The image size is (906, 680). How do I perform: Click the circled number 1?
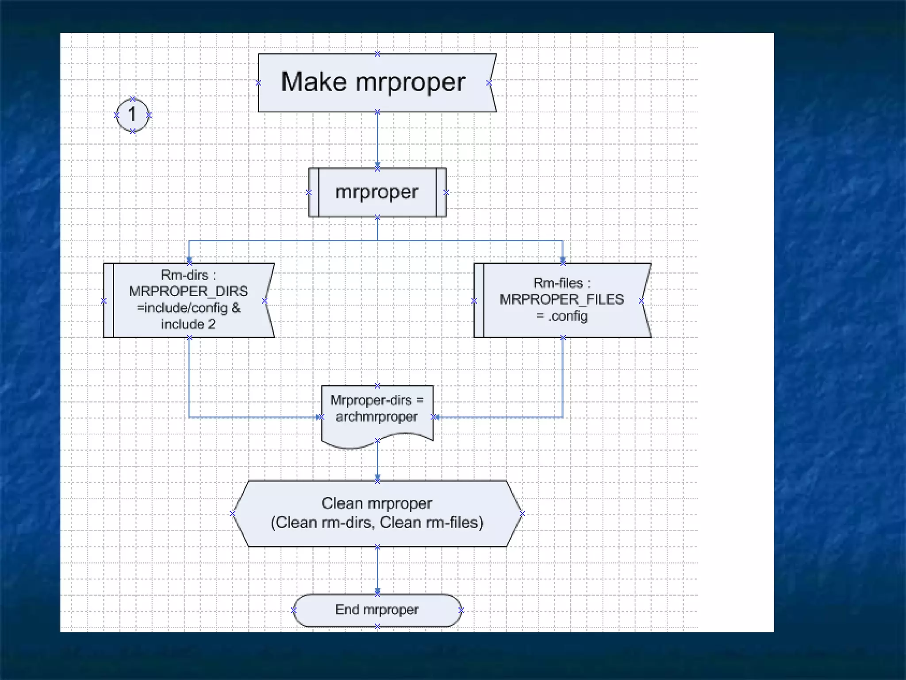coord(132,115)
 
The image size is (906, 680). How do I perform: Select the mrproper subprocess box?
coord(377,192)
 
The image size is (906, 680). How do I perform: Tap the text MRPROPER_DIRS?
coord(188,291)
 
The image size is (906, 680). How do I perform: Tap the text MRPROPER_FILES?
coord(561,299)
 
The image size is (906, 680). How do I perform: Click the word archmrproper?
coord(376,417)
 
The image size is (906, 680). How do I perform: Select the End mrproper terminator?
coord(377,610)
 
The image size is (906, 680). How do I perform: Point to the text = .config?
coord(562,316)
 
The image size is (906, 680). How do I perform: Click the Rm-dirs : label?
coord(188,275)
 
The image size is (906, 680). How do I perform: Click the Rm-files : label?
coord(561,283)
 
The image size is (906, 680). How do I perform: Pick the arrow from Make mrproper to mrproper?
coord(377,139)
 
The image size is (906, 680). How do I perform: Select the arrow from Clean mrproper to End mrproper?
coord(377,570)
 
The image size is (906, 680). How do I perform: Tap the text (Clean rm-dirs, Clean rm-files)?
coord(377,523)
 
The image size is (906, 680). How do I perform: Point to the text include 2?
coord(188,324)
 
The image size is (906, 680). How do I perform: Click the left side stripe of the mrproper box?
coord(313,192)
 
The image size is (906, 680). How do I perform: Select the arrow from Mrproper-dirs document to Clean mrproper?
coord(377,460)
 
